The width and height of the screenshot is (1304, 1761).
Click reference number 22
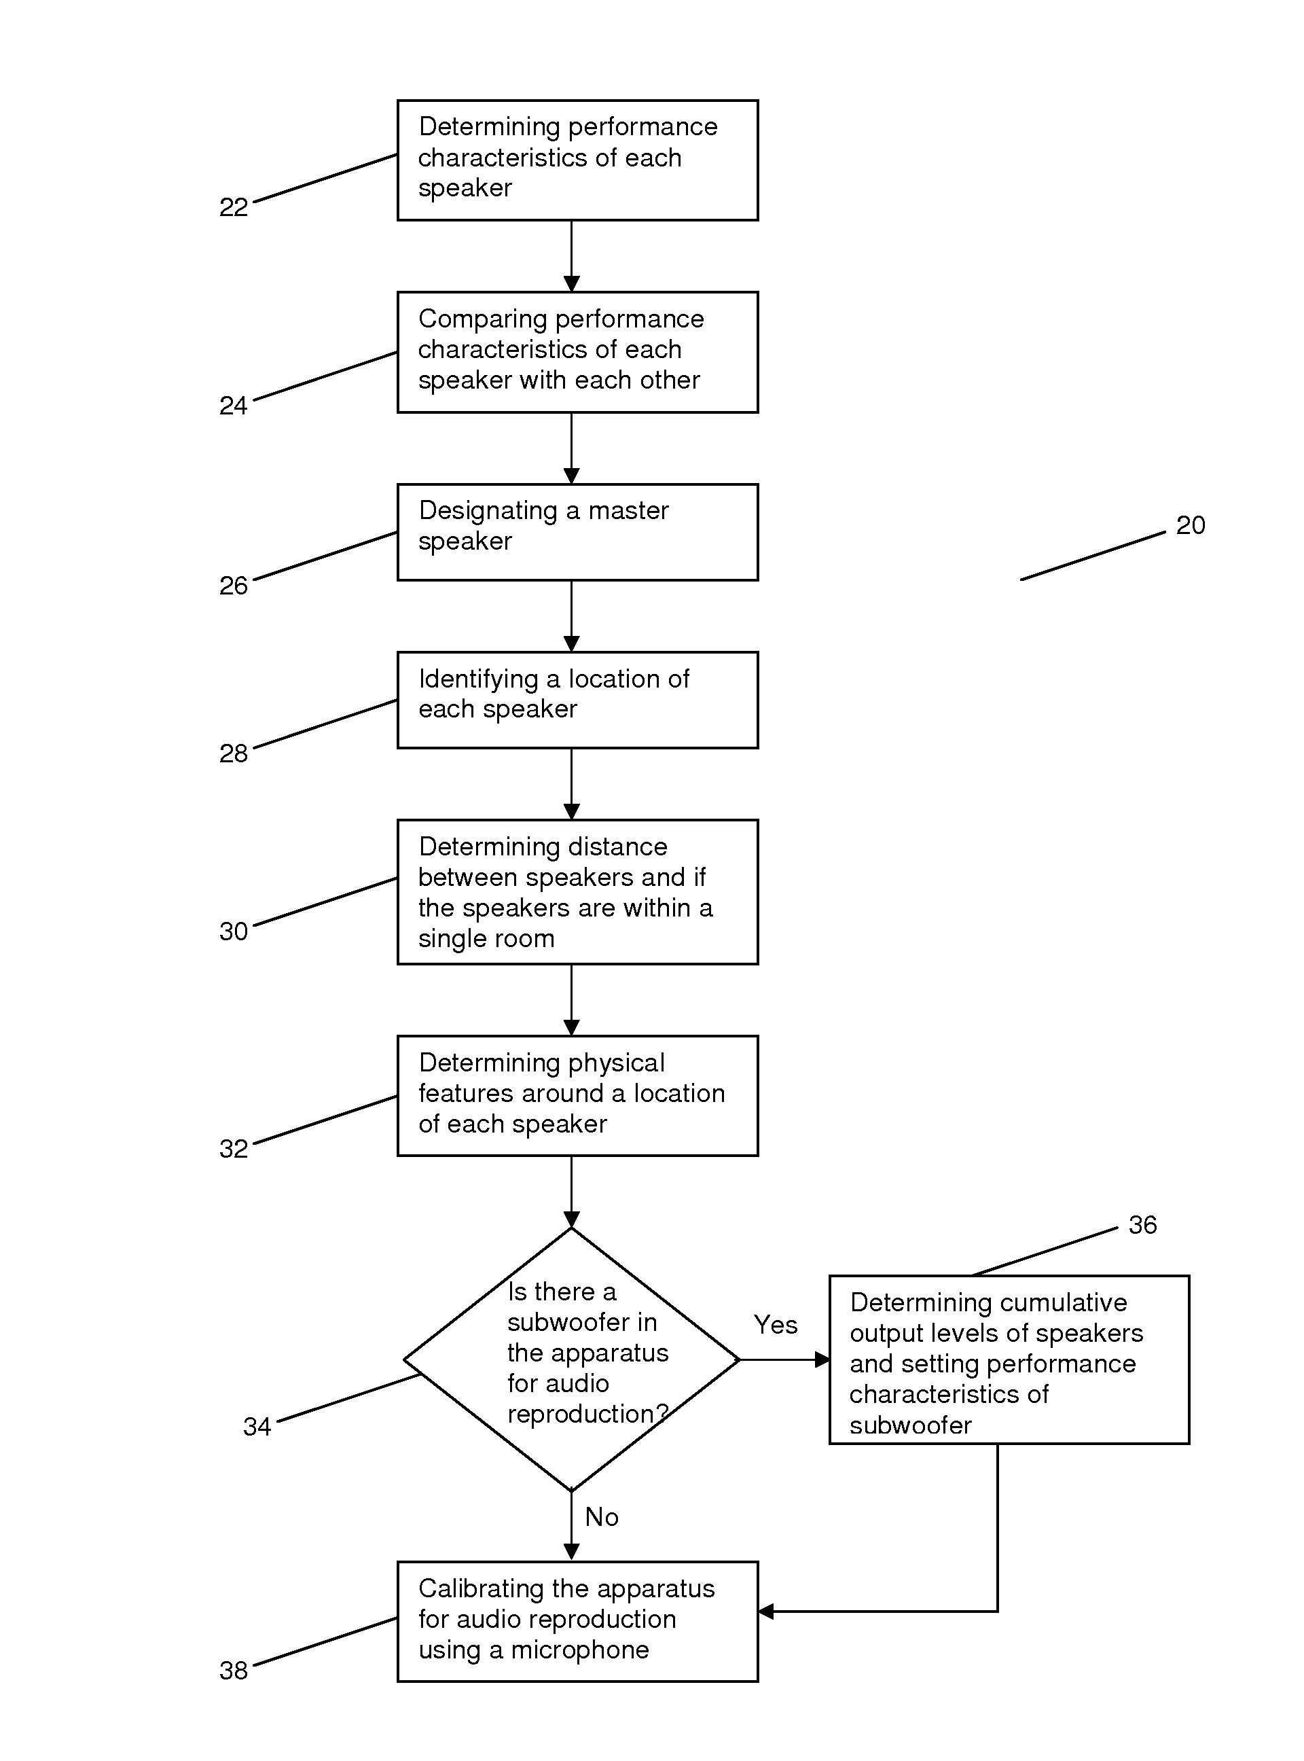[234, 208]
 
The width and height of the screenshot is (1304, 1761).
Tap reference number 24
[234, 406]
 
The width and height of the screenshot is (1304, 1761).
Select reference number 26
[234, 586]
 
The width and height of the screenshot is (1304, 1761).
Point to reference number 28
[234, 753]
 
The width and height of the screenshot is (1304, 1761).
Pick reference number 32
[234, 1148]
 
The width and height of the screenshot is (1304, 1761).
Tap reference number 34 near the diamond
[257, 1426]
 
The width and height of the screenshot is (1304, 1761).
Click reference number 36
[1142, 1225]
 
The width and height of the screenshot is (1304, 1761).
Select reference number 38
[234, 1669]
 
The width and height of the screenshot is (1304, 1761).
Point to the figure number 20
[1191, 525]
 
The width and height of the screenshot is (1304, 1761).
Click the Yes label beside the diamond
[775, 1324]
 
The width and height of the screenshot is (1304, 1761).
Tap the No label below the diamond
[602, 1516]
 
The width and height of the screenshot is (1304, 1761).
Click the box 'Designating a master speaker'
[578, 532]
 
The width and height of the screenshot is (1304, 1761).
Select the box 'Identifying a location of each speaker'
[578, 700]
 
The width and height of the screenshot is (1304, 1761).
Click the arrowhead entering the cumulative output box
[822, 1360]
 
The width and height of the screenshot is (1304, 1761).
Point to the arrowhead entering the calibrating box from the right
[765, 1612]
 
